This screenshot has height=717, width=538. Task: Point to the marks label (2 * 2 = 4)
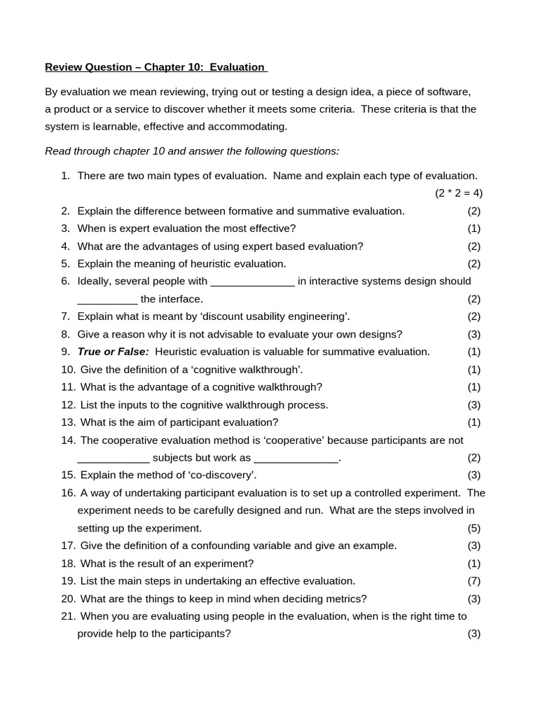coord(458,193)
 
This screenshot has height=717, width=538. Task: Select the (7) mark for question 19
coord(474,581)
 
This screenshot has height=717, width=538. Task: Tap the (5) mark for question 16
coord(474,528)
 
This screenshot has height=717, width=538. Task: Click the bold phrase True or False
coord(113,351)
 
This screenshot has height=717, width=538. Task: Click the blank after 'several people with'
coord(252,281)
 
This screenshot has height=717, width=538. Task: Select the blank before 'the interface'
coord(107,300)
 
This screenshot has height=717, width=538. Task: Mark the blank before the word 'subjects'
coord(113,458)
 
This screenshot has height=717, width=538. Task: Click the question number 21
coord(68,616)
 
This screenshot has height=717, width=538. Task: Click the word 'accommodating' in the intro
coord(252,127)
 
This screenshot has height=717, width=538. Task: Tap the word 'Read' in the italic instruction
coord(57,151)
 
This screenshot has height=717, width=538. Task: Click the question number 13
coord(68,422)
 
